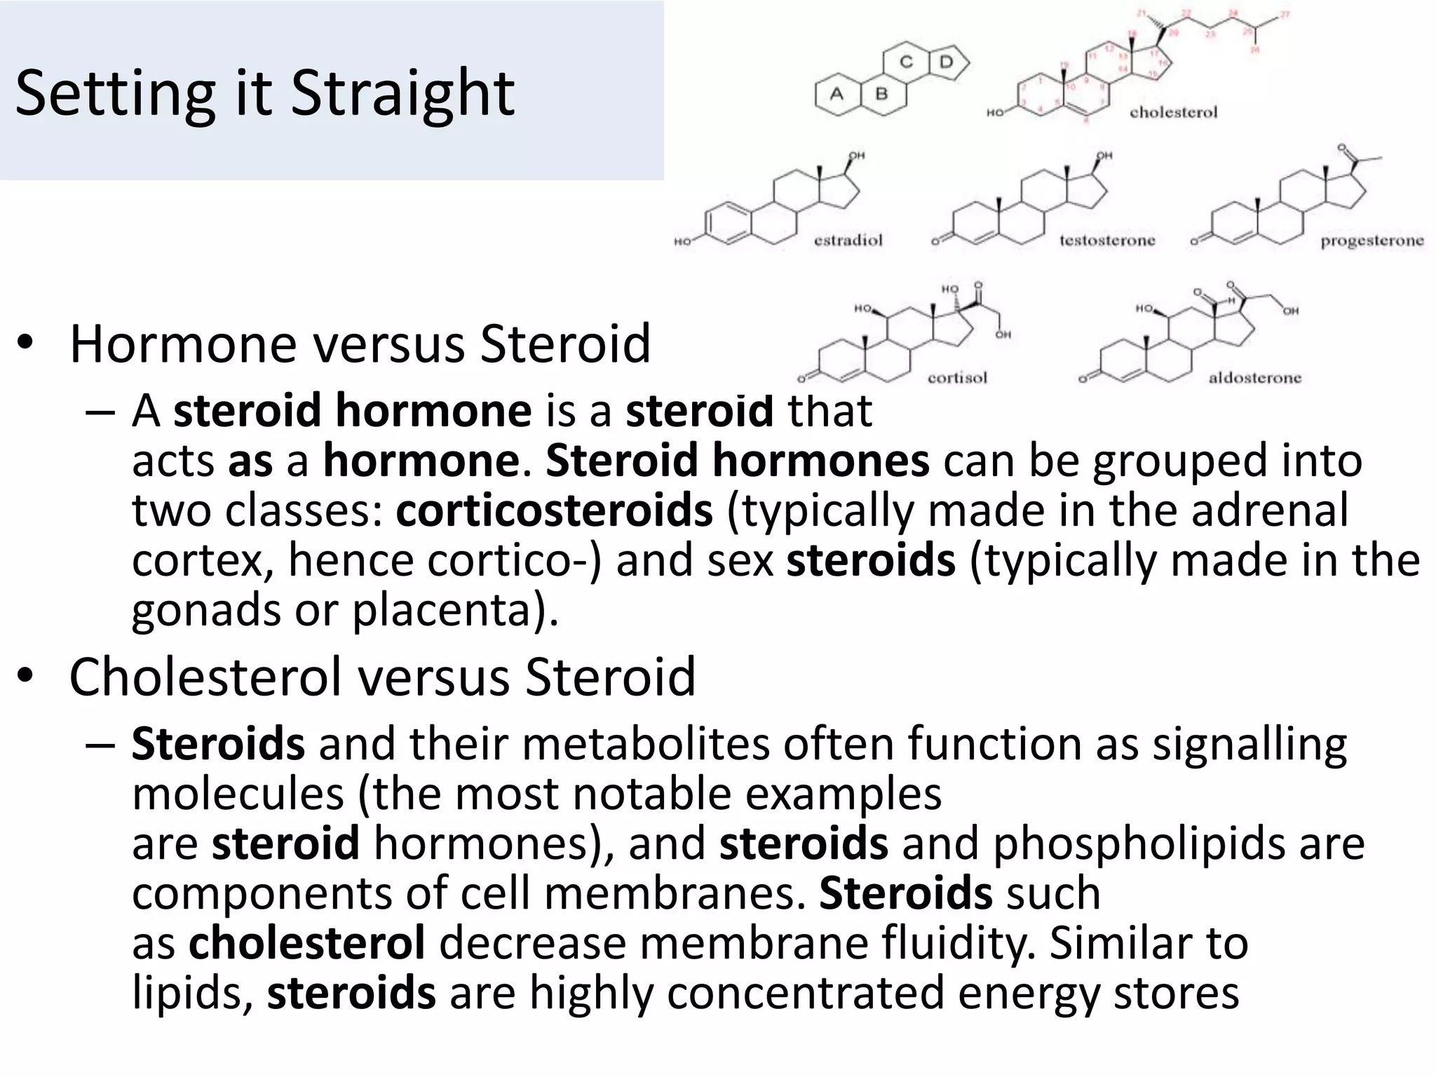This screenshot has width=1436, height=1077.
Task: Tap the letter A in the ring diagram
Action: (x=836, y=94)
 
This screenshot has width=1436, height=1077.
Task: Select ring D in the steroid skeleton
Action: (x=947, y=62)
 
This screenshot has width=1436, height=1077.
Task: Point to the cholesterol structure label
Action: (x=1173, y=112)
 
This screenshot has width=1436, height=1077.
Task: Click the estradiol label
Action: (x=848, y=241)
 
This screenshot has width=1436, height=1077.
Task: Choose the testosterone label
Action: (x=1106, y=241)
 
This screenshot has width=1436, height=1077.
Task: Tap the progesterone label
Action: (x=1371, y=241)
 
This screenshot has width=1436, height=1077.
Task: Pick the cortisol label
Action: (x=957, y=378)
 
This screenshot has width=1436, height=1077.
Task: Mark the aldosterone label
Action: (x=1254, y=378)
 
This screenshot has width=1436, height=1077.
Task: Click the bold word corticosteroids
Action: (x=554, y=510)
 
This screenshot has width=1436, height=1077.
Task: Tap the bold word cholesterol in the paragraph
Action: (x=306, y=943)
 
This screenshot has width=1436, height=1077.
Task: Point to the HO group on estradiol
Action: (x=682, y=242)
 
